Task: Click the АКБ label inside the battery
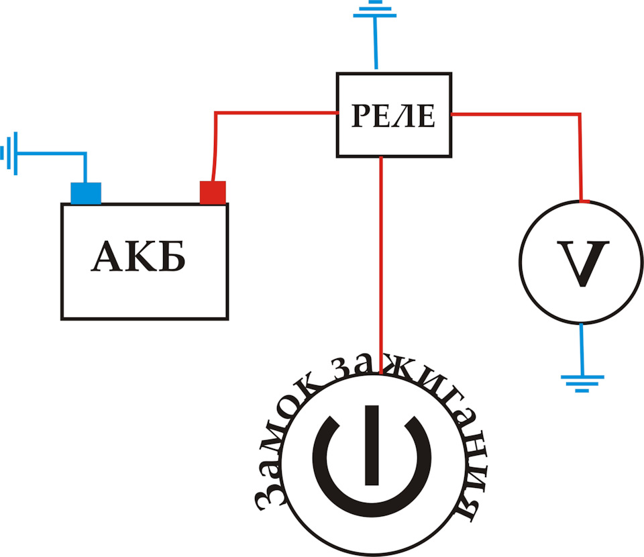click(138, 256)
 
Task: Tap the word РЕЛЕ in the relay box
click(394, 115)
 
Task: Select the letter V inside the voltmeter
click(583, 263)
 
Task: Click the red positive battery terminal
click(213, 192)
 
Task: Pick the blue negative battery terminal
click(86, 193)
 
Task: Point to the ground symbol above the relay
click(374, 10)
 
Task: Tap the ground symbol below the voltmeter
click(582, 384)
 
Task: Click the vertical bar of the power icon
click(372, 446)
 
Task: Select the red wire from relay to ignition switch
click(381, 265)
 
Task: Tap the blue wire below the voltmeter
click(582, 349)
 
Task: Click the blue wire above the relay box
click(376, 43)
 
